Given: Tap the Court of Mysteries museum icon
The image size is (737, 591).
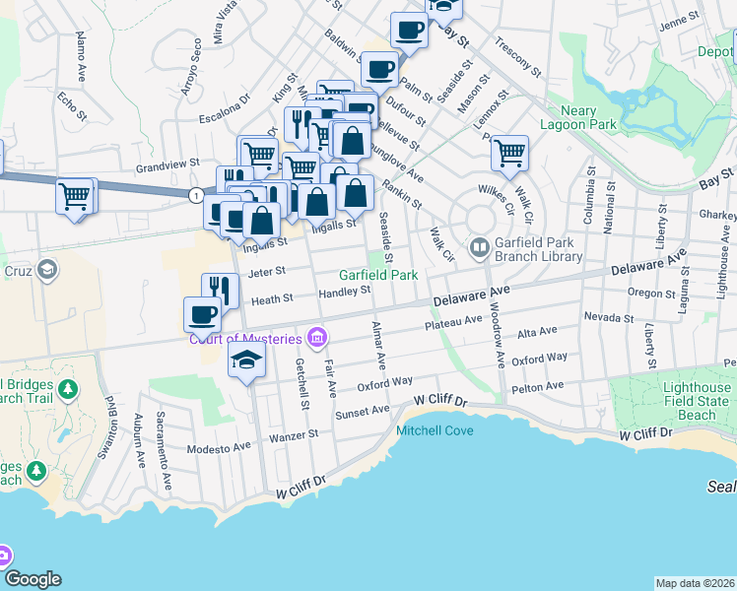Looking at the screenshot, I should tap(316, 339).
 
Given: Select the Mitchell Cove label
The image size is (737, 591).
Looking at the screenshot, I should tap(435, 430).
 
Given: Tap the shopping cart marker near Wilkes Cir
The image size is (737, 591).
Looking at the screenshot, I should tap(509, 153).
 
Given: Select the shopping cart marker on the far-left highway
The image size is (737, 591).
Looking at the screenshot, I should tap(75, 196).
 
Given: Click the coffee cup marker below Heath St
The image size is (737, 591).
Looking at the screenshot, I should tap(202, 314).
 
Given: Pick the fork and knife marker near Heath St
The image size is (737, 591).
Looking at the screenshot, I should tap(220, 291).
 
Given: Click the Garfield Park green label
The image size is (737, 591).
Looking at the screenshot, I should tap(379, 275).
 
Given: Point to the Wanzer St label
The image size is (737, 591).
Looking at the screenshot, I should tap(296, 433).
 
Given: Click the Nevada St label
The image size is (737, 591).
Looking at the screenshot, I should tap(608, 318).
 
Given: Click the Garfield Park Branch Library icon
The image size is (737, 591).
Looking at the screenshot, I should tap(480, 245).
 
